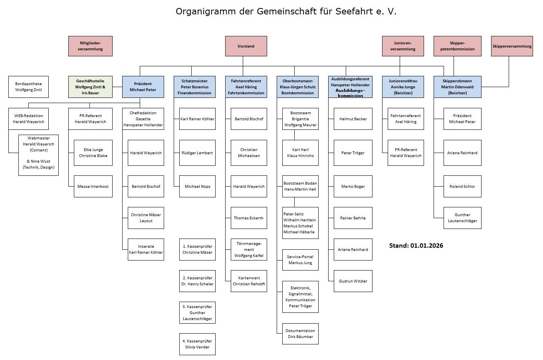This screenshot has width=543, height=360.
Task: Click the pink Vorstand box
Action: point(246,46)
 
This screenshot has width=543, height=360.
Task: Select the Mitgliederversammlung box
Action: point(91,46)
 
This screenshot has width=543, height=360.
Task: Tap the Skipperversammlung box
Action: point(512,46)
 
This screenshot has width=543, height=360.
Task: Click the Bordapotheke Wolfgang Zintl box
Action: point(28,87)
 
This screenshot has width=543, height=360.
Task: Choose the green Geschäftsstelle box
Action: point(90,87)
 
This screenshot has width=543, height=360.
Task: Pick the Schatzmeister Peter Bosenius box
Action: point(194,87)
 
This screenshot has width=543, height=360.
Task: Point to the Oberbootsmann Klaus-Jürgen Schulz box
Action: point(298,87)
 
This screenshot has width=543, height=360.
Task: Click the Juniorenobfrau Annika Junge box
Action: point(403,87)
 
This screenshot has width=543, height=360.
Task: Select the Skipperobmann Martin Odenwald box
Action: point(457,87)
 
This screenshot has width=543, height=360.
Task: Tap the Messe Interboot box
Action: point(93,187)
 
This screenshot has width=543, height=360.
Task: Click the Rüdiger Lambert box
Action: point(197,153)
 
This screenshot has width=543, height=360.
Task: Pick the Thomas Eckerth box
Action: point(249,218)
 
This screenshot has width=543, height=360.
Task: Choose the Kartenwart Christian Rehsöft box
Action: point(249,281)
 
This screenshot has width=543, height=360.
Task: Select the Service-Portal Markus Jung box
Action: point(300,260)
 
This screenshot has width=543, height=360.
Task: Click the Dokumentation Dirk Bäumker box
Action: point(300,334)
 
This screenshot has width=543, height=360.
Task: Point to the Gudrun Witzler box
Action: point(353,281)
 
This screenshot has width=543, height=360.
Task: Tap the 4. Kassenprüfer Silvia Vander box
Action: point(197,344)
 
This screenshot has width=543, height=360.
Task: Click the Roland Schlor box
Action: point(462,187)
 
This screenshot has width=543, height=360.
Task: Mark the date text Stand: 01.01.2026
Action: point(416,245)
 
